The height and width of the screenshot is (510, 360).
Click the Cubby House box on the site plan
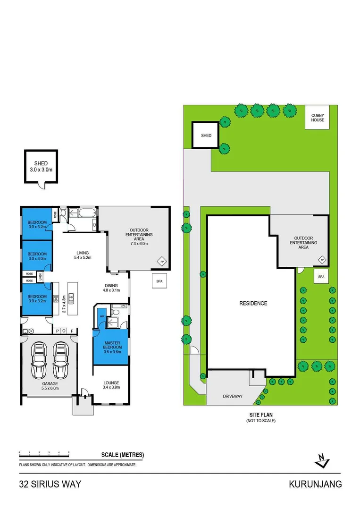(318, 118)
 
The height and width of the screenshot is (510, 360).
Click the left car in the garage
(39, 359)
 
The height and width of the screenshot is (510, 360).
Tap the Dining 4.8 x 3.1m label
(111, 288)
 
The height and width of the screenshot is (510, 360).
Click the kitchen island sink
(72, 297)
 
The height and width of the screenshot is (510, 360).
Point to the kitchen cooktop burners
(56, 298)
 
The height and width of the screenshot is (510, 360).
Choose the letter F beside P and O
(72, 331)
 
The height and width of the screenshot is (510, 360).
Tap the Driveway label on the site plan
(232, 396)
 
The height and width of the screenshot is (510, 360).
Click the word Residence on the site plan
(253, 303)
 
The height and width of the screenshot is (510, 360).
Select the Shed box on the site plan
(206, 136)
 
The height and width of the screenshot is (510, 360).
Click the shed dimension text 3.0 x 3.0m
(41, 170)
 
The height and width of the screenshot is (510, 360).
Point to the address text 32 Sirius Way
(50, 484)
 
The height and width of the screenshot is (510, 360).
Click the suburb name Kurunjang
(315, 484)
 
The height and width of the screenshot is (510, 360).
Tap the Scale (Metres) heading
(122, 455)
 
